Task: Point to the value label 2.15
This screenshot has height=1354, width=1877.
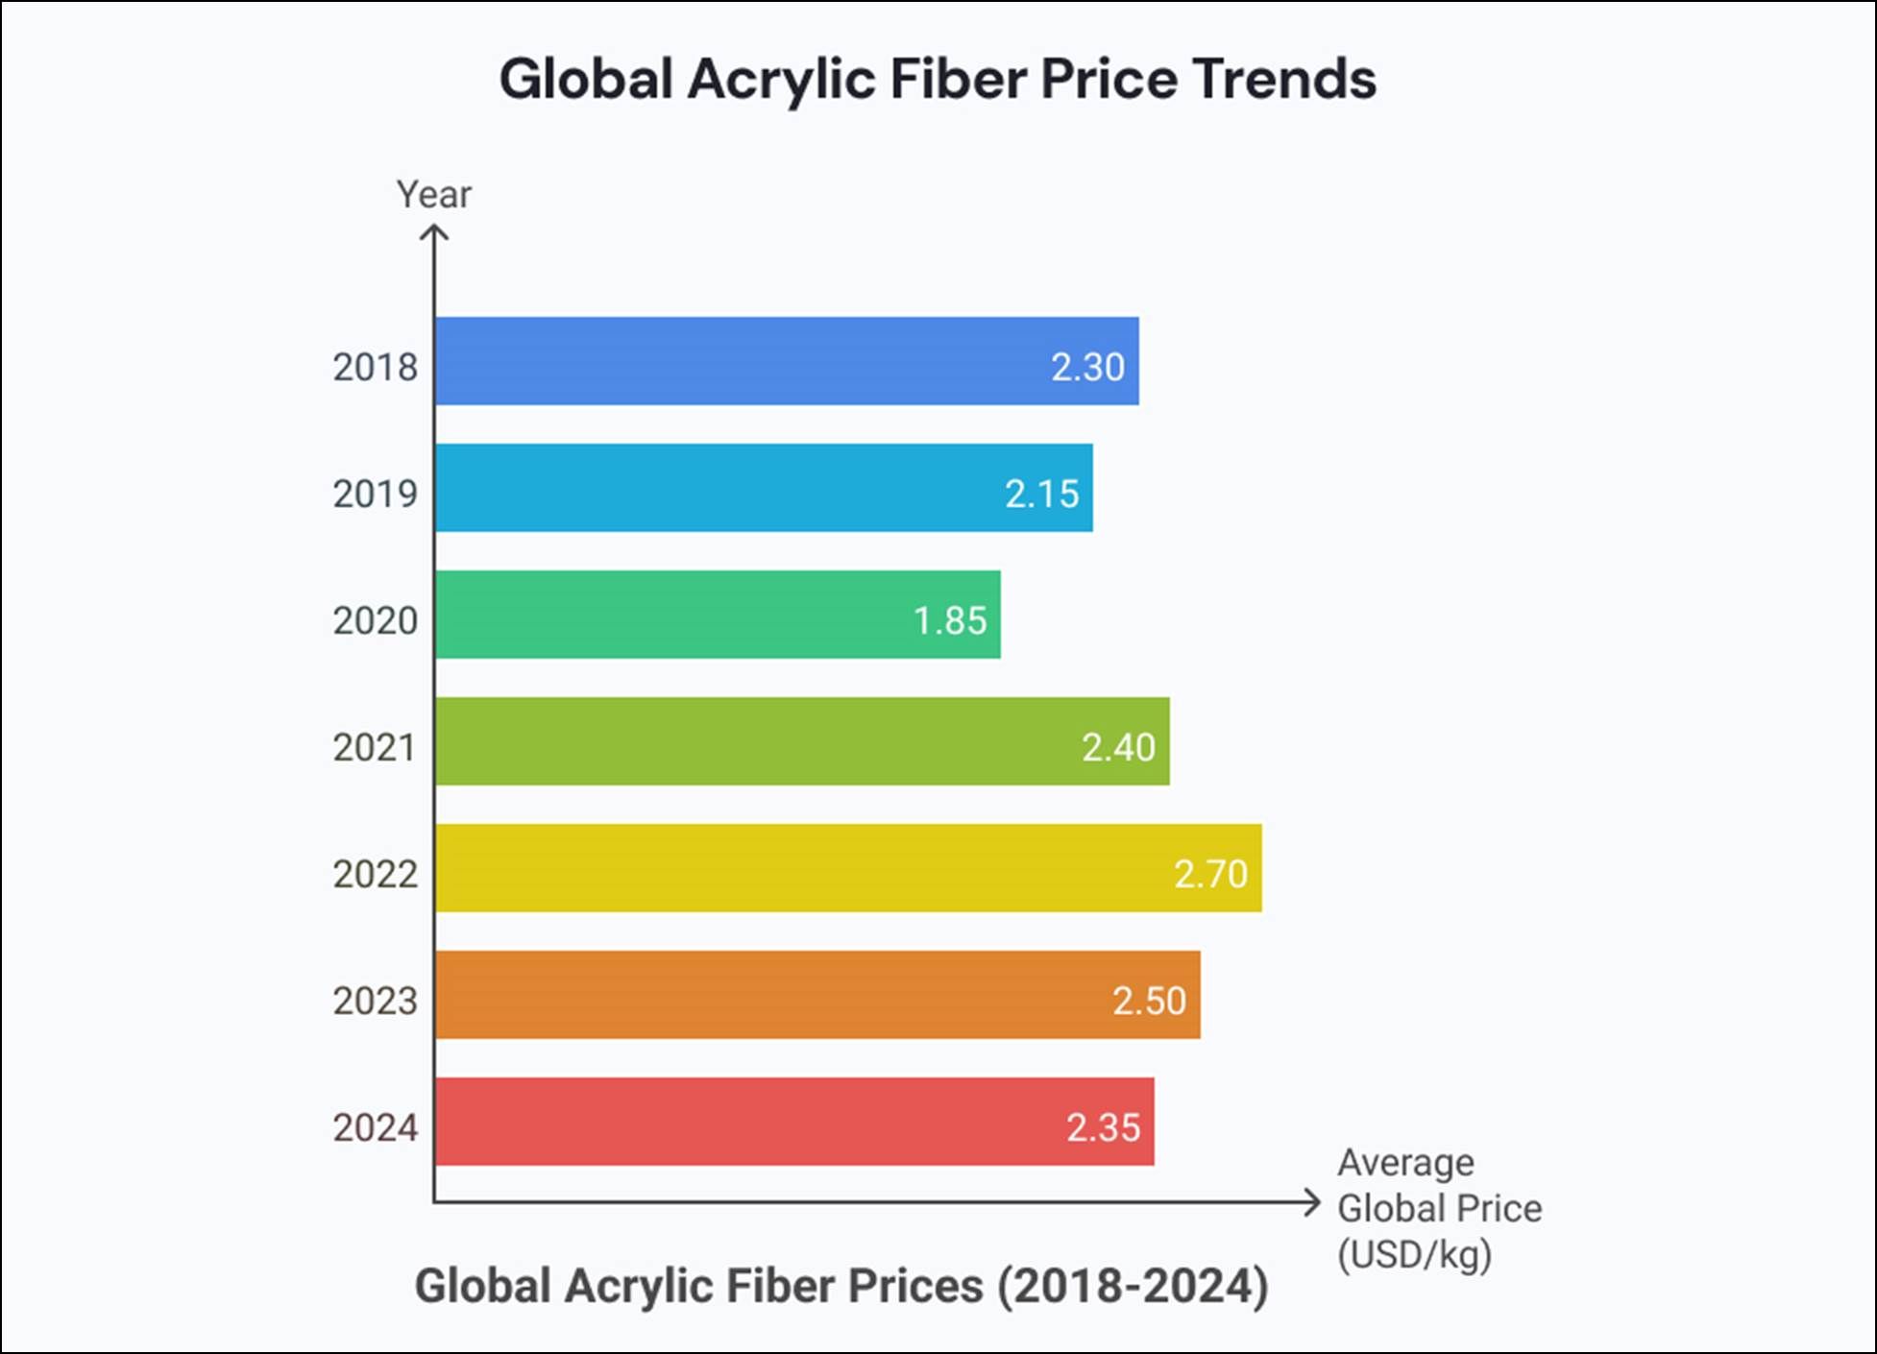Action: pyautogui.click(x=1042, y=494)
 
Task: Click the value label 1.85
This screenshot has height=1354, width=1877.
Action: pyautogui.click(x=950, y=620)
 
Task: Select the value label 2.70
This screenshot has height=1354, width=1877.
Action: pyautogui.click(x=1210, y=874)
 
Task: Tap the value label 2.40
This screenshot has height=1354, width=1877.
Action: pyautogui.click(x=1118, y=747)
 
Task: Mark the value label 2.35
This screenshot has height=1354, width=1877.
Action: pyautogui.click(x=1103, y=1127)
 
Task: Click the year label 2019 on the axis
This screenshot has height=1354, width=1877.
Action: pyautogui.click(x=375, y=494)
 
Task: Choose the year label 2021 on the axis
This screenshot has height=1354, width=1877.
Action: pyautogui.click(x=375, y=747)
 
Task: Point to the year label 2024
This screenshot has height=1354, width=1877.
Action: pyautogui.click(x=375, y=1127)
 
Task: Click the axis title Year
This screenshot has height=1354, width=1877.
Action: pyautogui.click(x=434, y=194)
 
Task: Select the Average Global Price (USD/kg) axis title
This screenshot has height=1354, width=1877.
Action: pyautogui.click(x=1438, y=1208)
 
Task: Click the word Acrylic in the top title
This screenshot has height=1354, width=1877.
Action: pyautogui.click(x=780, y=79)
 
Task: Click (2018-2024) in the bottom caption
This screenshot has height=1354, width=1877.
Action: pyautogui.click(x=1133, y=1286)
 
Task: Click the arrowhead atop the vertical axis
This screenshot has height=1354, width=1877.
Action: pyautogui.click(x=434, y=232)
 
